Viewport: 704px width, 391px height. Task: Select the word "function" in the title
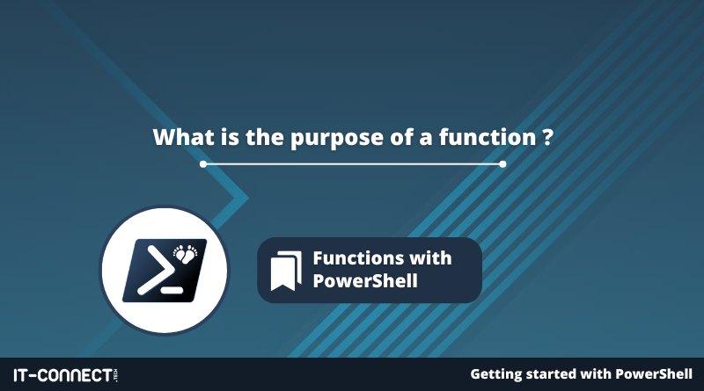(488, 137)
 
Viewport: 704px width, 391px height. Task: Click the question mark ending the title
(547, 137)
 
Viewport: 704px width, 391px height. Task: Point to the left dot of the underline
(203, 164)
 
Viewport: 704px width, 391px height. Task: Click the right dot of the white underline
(502, 164)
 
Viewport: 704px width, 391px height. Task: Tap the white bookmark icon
(286, 271)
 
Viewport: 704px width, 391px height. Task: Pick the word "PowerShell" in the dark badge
(365, 280)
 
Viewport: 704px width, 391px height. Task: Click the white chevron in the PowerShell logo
(155, 271)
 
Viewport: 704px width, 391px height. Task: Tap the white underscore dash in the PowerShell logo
(172, 290)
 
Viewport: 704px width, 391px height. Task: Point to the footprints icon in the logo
(186, 253)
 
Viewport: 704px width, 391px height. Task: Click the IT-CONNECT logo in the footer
(65, 375)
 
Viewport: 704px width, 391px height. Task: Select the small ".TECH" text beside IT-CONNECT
(116, 375)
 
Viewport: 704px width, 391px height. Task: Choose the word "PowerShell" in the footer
(654, 374)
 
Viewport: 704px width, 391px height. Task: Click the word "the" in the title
(265, 137)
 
